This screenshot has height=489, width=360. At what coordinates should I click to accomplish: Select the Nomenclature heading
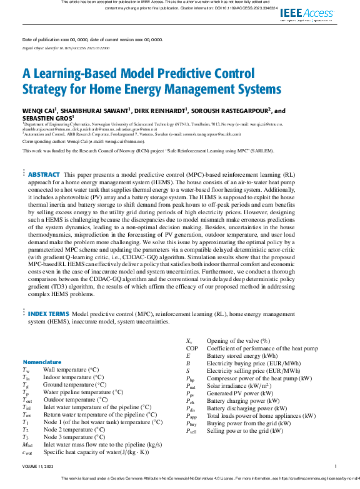coord(42,362)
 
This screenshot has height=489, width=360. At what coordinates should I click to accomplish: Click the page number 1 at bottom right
coord(336,466)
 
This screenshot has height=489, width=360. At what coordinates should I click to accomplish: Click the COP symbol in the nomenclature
coord(192,348)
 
